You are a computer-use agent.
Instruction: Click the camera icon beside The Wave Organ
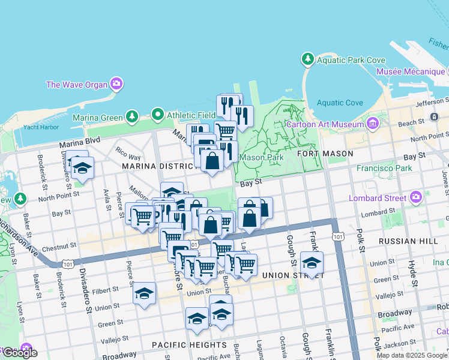(x=116, y=84)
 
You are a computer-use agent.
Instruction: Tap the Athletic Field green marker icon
(x=158, y=113)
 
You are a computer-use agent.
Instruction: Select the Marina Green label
(x=98, y=117)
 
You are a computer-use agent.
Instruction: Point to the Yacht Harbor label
(x=40, y=128)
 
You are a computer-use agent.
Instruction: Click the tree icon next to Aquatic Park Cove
(x=307, y=59)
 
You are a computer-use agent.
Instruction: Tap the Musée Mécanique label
(x=411, y=71)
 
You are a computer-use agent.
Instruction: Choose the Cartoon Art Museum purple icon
(x=373, y=124)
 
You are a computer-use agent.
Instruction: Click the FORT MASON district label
(x=325, y=154)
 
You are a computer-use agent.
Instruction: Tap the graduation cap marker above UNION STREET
(x=311, y=263)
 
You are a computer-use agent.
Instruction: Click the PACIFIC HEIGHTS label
(x=189, y=345)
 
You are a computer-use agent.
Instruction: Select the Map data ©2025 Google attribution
(x=411, y=355)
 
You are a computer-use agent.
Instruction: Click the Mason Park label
(x=261, y=158)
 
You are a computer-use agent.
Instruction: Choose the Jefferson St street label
(x=432, y=103)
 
